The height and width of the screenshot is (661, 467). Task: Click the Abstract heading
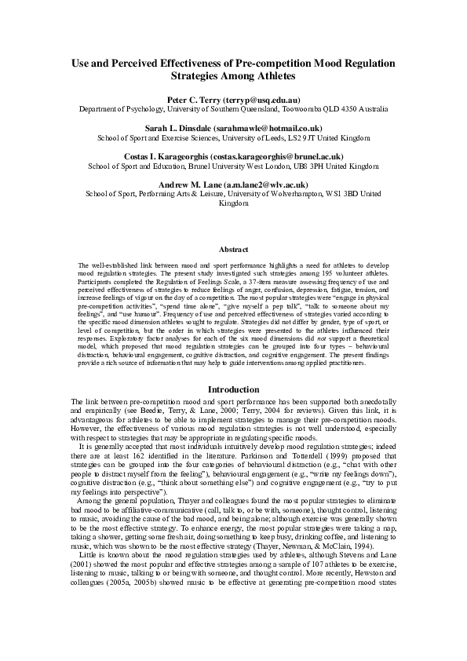(233, 249)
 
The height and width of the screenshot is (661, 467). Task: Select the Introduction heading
(233, 389)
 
